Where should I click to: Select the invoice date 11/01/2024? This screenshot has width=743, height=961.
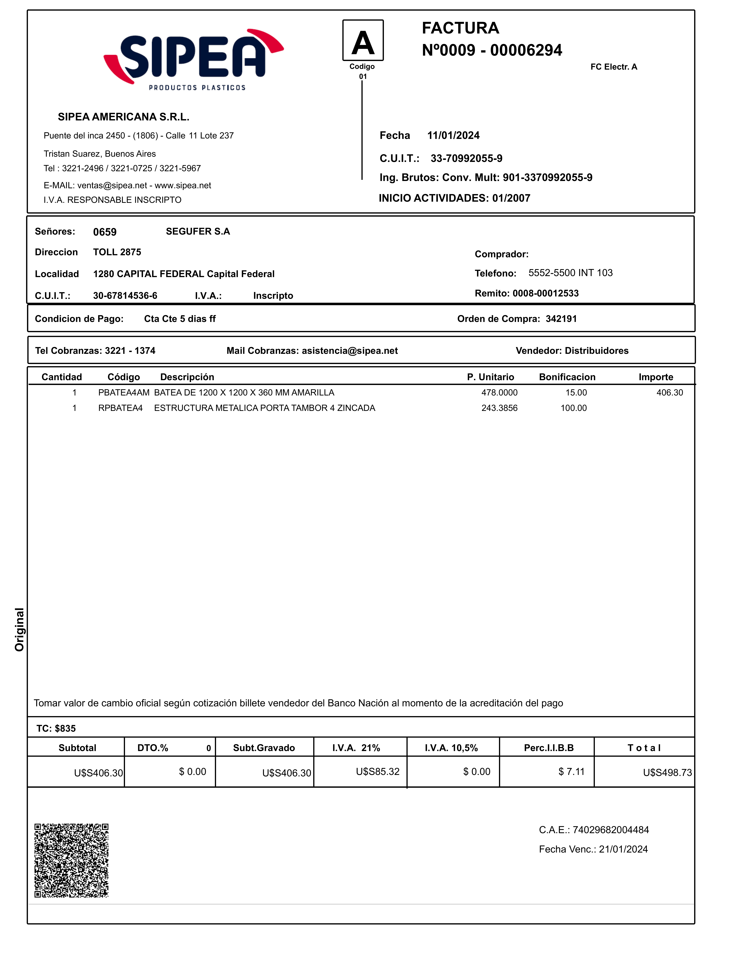click(453, 136)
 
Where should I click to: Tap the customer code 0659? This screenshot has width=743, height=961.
click(105, 232)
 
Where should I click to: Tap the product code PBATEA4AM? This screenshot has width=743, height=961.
click(124, 393)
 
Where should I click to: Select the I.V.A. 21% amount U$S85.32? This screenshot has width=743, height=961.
click(378, 771)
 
